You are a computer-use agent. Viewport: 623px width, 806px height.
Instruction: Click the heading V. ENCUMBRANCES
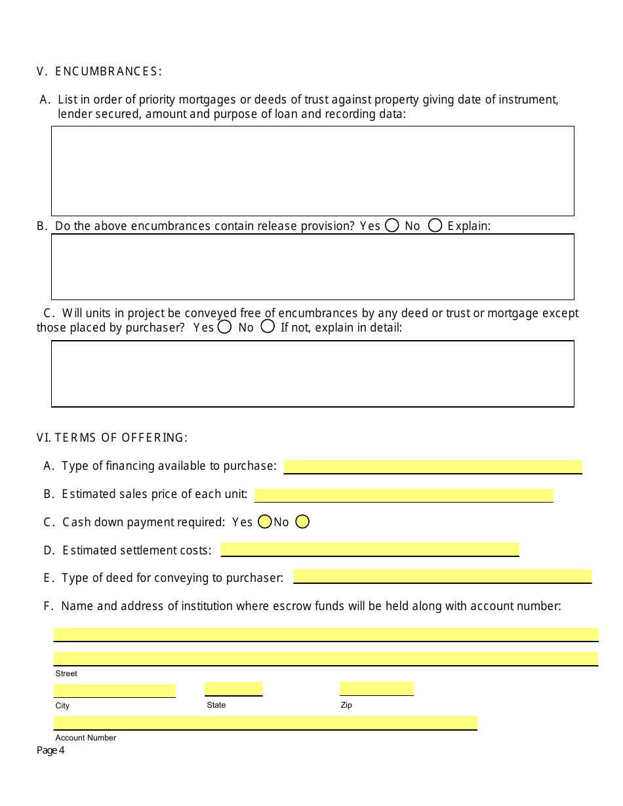tap(99, 71)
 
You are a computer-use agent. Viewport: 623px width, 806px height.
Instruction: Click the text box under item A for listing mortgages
tap(312, 171)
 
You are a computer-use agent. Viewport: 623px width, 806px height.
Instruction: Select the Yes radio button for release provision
tap(392, 225)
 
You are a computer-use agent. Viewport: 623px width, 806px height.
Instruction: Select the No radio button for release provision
tap(435, 225)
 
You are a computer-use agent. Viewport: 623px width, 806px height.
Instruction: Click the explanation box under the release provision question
tap(312, 267)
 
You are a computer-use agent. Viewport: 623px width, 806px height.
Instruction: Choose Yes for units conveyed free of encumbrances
tap(224, 326)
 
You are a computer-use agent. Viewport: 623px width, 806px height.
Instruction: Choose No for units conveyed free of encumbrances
tap(268, 326)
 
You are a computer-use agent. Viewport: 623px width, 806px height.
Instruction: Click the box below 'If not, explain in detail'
tap(312, 374)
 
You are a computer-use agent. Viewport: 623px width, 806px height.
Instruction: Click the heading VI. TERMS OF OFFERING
tap(112, 437)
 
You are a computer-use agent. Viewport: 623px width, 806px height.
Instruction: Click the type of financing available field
tap(433, 467)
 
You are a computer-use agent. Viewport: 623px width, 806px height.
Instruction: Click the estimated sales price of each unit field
tap(403, 495)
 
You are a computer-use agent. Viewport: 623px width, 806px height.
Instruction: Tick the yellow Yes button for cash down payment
tap(265, 522)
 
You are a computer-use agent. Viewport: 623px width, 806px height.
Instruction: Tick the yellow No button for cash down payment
tap(302, 522)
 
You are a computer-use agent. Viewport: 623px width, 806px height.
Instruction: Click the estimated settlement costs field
tap(370, 549)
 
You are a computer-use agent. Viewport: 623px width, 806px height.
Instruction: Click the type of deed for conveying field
tap(442, 577)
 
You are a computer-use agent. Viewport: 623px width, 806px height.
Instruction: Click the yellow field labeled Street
tap(325, 659)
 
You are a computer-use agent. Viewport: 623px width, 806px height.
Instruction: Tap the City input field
tap(114, 691)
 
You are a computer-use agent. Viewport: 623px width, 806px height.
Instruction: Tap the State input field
tap(233, 689)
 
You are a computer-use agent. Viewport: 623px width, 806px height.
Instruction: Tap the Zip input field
tap(376, 688)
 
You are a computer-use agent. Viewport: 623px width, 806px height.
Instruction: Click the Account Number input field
tap(265, 723)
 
